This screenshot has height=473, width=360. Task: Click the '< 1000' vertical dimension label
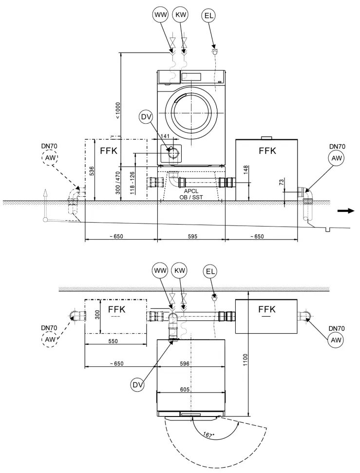click(x=117, y=111)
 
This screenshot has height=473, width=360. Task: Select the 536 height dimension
click(x=92, y=171)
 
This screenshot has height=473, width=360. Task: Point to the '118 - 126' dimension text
click(x=132, y=183)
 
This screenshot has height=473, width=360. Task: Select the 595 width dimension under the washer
click(x=191, y=236)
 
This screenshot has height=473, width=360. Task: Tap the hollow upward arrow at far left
click(x=45, y=194)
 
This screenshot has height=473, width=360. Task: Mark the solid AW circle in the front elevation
click(x=336, y=158)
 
